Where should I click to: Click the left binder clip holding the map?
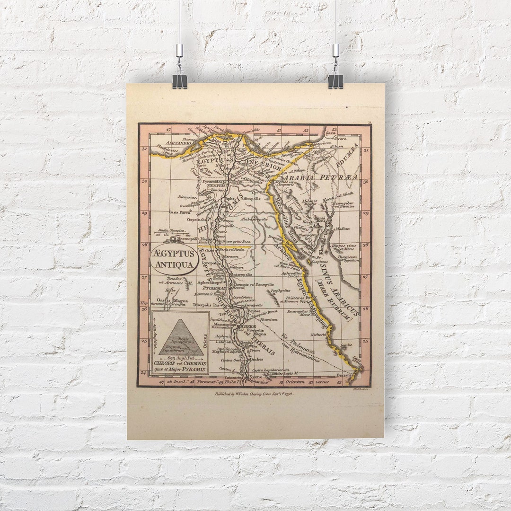pos(180,81)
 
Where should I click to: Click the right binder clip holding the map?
pos(335,81)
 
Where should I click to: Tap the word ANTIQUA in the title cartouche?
pos(175,265)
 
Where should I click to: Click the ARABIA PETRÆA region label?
pos(322,178)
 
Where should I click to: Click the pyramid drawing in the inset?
pos(180,336)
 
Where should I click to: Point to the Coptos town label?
pos(254,311)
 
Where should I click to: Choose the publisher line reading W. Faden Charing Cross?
pos(253,393)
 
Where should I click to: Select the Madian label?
pos(342,229)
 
